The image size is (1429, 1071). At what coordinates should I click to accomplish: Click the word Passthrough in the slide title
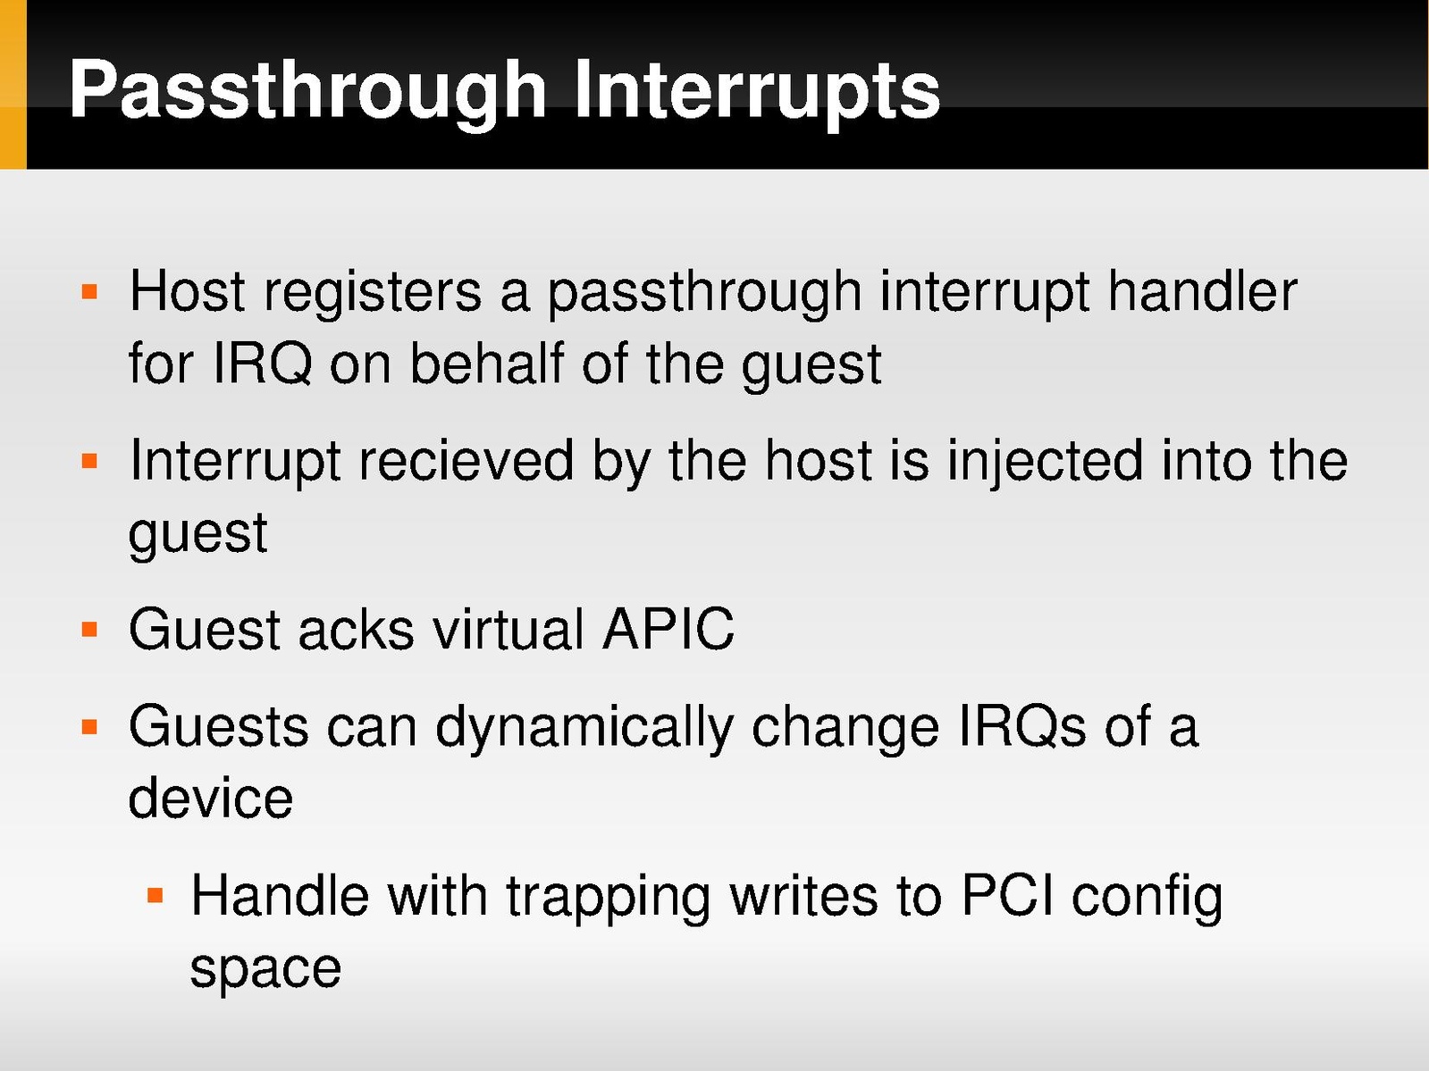point(307,90)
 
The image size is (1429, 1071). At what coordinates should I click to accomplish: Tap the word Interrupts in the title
point(757,90)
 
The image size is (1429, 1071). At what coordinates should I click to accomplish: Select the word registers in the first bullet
point(373,294)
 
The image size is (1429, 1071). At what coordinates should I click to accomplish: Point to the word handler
point(1202,290)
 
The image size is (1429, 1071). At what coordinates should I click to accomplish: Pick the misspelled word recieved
point(467,461)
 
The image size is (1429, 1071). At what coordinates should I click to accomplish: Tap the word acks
point(356,629)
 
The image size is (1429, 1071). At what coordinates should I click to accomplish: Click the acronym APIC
point(668,629)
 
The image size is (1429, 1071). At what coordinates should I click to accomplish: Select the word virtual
point(509,629)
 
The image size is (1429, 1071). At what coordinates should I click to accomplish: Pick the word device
point(211,798)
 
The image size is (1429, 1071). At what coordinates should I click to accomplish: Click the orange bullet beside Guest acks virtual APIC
point(90,630)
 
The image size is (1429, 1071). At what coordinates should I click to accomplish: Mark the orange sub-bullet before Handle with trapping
point(155,896)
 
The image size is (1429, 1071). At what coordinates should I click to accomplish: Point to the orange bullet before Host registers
point(90,291)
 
